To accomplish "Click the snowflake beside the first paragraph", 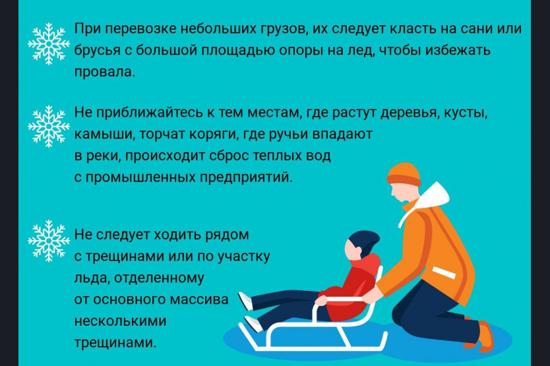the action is (x=49, y=44).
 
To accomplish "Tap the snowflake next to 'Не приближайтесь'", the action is (x=49, y=126).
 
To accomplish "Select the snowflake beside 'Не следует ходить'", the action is (x=49, y=241).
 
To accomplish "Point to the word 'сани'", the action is (x=477, y=28).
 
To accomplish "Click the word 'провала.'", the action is (x=105, y=72).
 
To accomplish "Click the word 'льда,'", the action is (x=91, y=278).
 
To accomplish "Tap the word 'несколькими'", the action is (x=120, y=320).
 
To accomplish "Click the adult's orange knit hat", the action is (x=404, y=174).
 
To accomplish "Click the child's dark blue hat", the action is (x=365, y=242).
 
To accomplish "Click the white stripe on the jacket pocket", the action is (x=444, y=272).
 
